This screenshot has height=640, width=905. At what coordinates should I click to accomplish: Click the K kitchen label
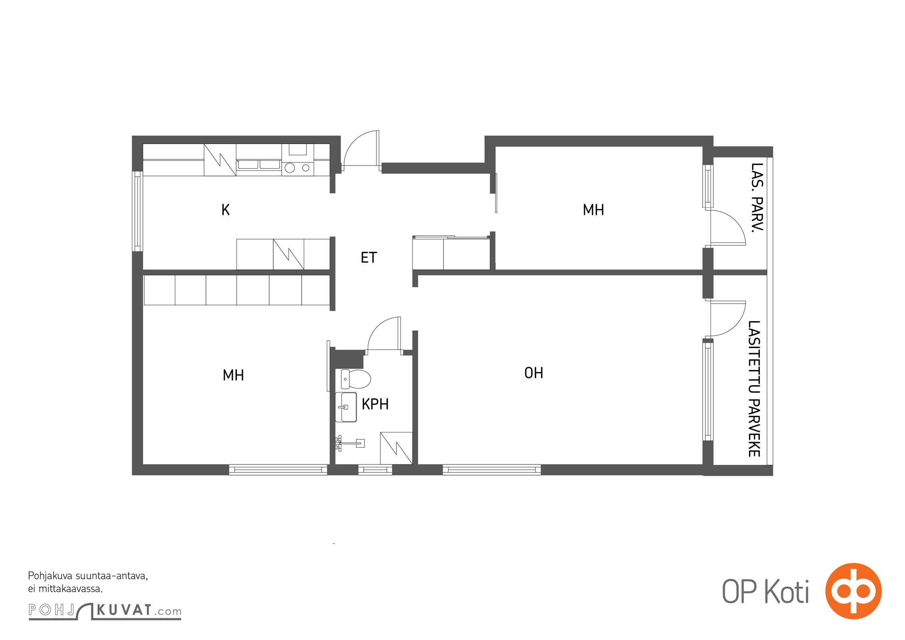point(226,210)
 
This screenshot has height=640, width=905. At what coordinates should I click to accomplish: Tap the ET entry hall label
point(369,258)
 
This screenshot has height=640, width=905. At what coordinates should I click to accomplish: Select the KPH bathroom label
point(375,404)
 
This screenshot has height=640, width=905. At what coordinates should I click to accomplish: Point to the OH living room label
point(534,373)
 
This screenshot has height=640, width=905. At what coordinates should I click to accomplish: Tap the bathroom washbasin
point(346,407)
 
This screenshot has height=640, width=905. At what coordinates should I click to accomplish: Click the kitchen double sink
point(259,164)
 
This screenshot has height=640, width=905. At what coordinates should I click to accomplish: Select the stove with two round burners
point(298,168)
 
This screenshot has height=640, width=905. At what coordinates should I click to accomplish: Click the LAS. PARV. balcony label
point(757,197)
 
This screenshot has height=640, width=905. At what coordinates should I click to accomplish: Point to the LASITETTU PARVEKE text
point(754,388)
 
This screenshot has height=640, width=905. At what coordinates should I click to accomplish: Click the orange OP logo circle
point(853,591)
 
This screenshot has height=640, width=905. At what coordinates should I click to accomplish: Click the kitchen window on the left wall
point(138,211)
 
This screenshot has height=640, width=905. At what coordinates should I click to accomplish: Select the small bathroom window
point(375,470)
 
